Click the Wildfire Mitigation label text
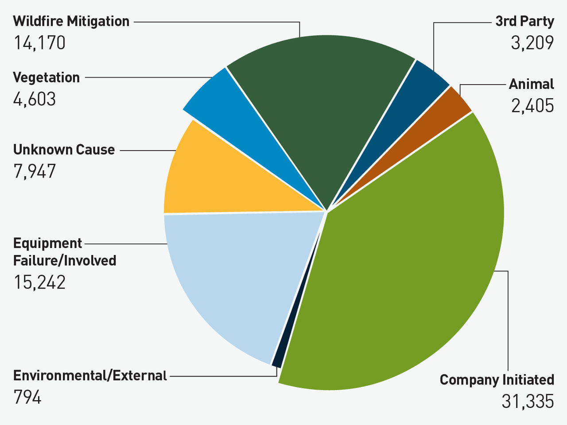[71, 21]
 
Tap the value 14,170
[39, 43]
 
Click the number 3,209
[532, 43]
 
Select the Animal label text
[531, 84]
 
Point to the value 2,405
[532, 106]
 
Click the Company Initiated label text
[497, 380]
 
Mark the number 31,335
[528, 402]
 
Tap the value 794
[27, 397]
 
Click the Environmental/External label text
[90, 375]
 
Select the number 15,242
[39, 282]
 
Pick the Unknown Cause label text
[64, 150]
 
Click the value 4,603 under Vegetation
[35, 99]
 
